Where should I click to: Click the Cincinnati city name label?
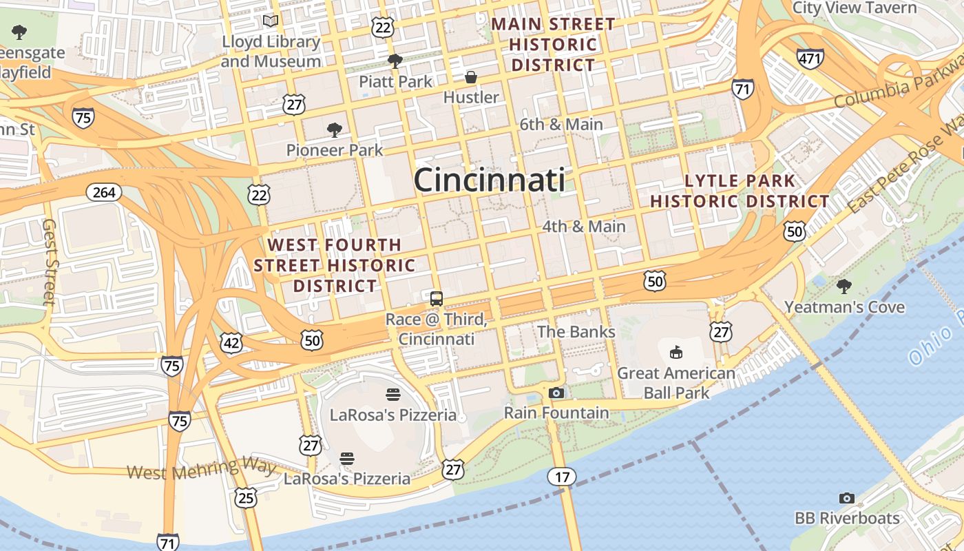489,180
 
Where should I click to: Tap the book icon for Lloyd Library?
271,21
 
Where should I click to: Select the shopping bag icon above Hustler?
471,76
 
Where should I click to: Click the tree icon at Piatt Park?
395,61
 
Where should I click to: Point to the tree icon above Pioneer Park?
335,129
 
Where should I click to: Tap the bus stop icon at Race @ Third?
437,298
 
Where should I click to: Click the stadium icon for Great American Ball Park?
676,353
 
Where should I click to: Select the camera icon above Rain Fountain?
556,393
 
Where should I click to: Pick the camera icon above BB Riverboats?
847,498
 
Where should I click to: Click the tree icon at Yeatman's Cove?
844,287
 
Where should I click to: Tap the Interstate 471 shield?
810,59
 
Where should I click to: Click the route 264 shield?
104,192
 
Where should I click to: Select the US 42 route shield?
232,343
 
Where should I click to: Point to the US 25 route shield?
246,497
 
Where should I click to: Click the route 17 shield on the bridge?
562,476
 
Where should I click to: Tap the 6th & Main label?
561,125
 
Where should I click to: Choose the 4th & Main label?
584,227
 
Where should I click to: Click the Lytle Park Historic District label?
740,191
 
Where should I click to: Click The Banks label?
576,332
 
